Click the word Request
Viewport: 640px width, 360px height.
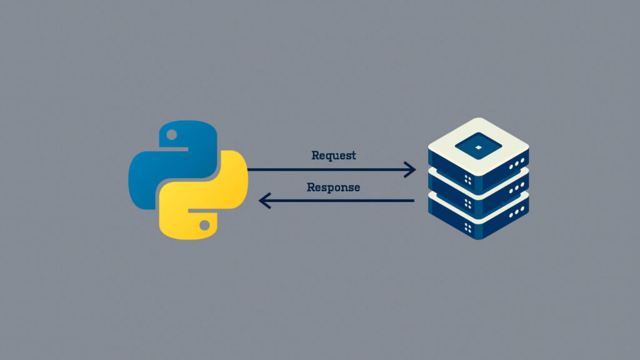pyautogui.click(x=333, y=156)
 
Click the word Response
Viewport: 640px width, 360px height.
pyautogui.click(x=333, y=187)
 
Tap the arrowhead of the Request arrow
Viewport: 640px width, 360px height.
pyautogui.click(x=411, y=169)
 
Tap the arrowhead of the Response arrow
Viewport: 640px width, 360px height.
pyautogui.click(x=264, y=201)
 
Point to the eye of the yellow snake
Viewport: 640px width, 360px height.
pyautogui.click(x=204, y=223)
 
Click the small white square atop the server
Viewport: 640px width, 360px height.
pyautogui.click(x=478, y=147)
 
